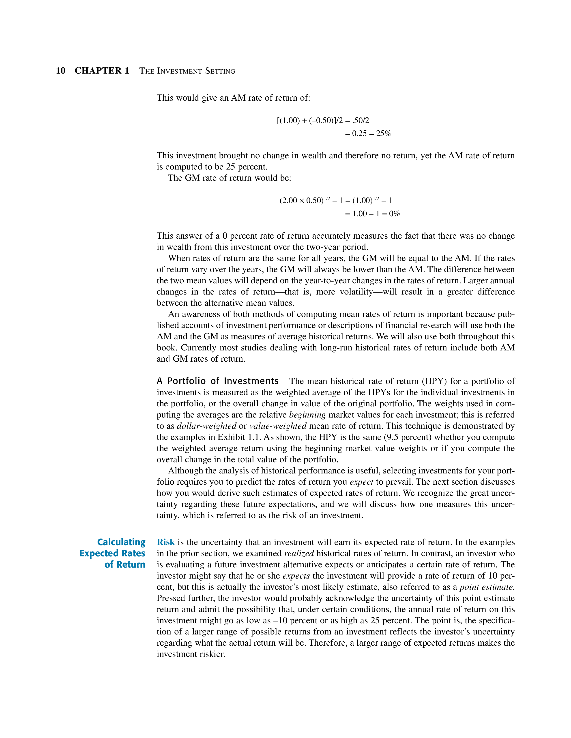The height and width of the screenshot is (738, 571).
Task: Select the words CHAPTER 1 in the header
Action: click(x=102, y=71)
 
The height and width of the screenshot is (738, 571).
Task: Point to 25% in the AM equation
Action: click(x=384, y=134)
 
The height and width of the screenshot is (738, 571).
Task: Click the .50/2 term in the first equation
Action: click(x=361, y=120)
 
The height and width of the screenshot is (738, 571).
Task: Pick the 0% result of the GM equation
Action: click(x=394, y=214)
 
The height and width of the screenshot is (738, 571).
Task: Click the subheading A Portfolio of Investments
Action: click(x=217, y=381)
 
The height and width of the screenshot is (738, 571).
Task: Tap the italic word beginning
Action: click(x=307, y=415)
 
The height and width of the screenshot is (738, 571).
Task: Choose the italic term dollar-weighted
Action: click(x=206, y=426)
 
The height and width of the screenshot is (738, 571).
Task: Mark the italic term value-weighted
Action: click(x=278, y=426)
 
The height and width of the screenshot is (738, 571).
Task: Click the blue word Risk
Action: click(x=166, y=542)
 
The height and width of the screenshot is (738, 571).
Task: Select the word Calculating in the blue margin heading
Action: click(x=121, y=542)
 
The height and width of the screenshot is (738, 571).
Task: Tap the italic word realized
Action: click(x=299, y=553)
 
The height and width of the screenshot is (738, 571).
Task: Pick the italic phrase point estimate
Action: click(x=487, y=587)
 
